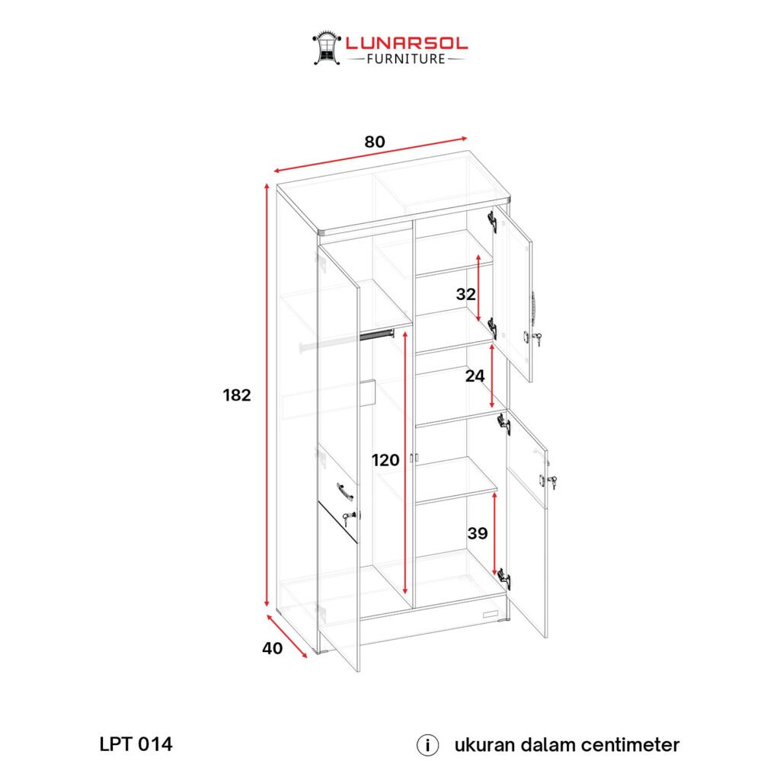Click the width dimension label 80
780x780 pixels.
tap(375, 142)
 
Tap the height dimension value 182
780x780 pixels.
tap(237, 395)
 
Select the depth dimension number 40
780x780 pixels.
tap(272, 648)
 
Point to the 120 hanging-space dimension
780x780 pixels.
tap(385, 460)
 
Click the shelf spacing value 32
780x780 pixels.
tap(466, 294)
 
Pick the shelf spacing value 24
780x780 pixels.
tap(475, 376)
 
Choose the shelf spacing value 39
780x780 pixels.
tap(478, 533)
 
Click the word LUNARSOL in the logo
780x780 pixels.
tap(407, 43)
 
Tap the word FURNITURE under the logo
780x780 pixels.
tap(406, 59)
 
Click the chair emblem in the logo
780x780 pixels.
tap(326, 48)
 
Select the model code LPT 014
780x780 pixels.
tap(136, 744)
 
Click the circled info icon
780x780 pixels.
tap(427, 746)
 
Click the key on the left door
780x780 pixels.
tap(350, 518)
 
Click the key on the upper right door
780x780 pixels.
tap(537, 339)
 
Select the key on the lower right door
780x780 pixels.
tap(552, 481)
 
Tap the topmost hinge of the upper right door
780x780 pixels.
tap(493, 221)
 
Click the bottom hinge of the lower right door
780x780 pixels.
tap(504, 579)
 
